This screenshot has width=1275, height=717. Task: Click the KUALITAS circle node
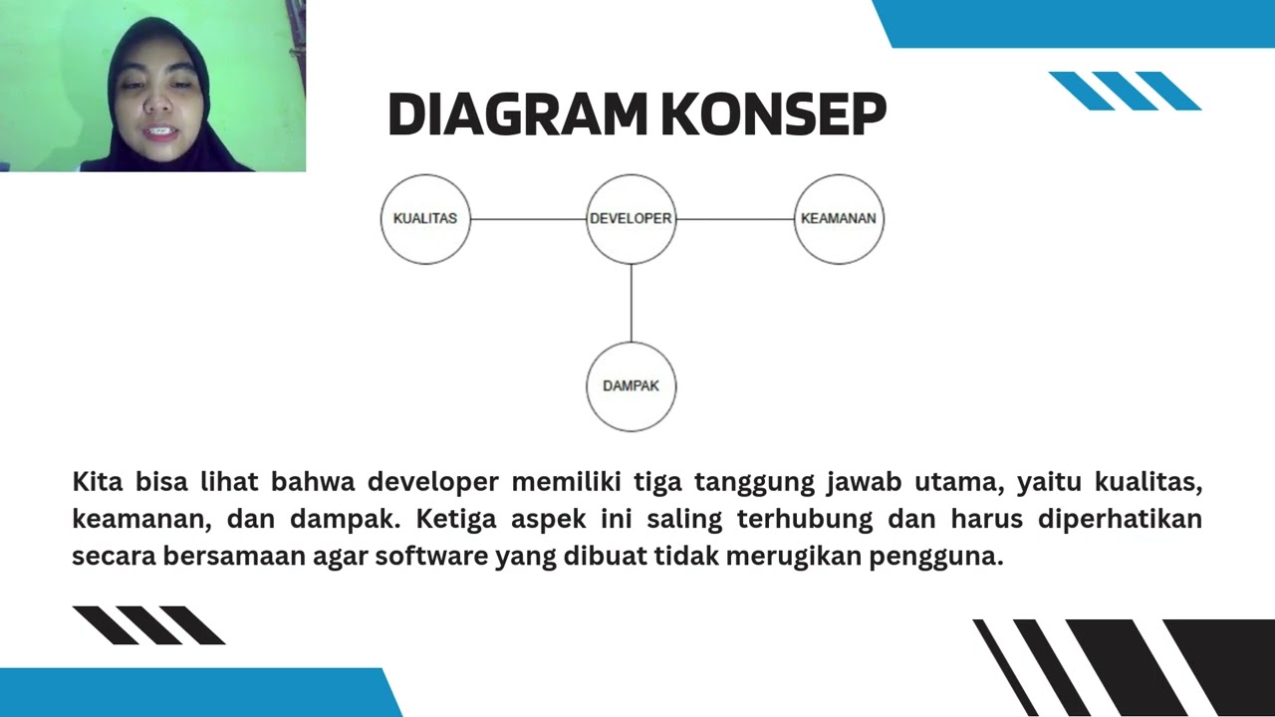425,219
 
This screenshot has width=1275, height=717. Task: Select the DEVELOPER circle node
631,219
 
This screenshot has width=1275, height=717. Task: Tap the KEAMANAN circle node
839,219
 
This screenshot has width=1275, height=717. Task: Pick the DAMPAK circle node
631,386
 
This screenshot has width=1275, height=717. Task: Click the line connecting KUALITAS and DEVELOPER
528,219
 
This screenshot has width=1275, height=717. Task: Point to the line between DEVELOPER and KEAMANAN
735,219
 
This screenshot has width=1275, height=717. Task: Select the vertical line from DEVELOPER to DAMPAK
631,303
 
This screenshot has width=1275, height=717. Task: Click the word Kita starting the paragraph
98,482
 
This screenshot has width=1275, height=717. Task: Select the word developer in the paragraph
432,483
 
